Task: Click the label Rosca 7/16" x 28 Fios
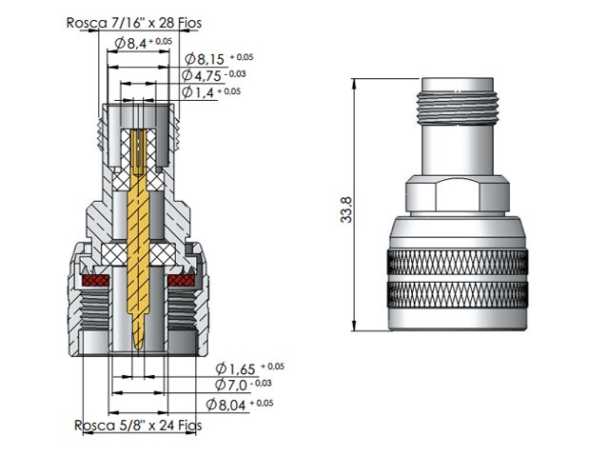[134, 23]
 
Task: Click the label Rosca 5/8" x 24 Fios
[138, 426]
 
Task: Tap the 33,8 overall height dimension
[346, 209]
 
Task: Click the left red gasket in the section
[95, 280]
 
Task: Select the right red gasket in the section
[181, 280]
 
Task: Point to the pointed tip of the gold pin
[138, 348]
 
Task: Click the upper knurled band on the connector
[458, 263]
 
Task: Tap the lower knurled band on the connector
[458, 294]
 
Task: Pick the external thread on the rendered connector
[458, 108]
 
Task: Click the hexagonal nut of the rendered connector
[458, 194]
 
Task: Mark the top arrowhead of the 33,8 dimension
[354, 83]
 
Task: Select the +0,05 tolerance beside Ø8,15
[242, 57]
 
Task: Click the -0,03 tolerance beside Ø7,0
[261, 383]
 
